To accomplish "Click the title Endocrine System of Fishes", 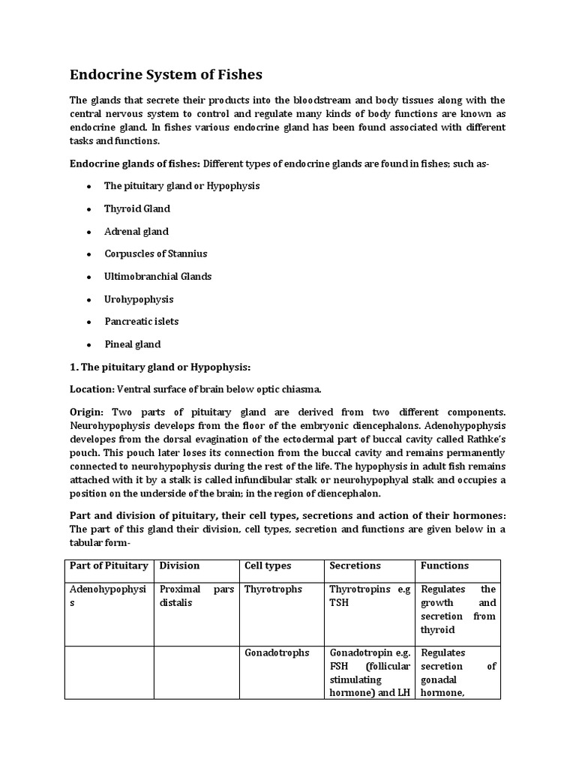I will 166,75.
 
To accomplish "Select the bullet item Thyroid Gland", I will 137,208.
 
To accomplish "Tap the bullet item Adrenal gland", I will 136,231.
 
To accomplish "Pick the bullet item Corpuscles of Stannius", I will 155,253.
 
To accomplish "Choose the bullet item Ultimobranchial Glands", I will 157,276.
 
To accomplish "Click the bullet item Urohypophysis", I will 139,299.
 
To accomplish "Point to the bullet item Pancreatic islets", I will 141,321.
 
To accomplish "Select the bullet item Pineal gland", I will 133,344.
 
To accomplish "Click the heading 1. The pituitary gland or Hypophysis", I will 160,367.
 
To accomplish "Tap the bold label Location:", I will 91,389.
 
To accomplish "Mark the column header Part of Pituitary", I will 108,565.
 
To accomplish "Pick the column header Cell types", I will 268,565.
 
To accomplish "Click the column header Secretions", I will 355,565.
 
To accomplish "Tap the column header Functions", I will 445,565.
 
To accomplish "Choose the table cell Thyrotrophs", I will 273,589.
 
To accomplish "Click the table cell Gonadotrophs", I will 277,652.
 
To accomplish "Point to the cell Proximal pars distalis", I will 196,595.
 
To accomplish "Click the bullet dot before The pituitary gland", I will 88,186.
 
